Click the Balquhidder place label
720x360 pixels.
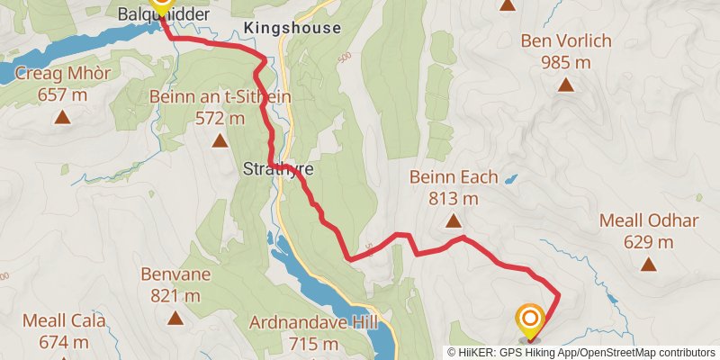click(x=164, y=15)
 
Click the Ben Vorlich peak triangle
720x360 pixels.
click(x=566, y=85)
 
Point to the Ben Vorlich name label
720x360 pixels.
click(x=566, y=40)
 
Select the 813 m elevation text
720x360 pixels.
click(x=453, y=199)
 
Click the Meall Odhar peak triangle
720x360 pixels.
click(x=648, y=265)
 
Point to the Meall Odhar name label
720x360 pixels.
click(x=648, y=220)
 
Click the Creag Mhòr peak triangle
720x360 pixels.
click(x=62, y=117)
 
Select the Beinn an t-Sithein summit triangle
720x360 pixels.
click(x=220, y=140)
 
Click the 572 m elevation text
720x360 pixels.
click(x=220, y=118)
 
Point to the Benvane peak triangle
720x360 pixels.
click(x=175, y=318)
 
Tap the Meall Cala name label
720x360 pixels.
click(x=64, y=320)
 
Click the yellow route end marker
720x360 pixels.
click(x=529, y=320)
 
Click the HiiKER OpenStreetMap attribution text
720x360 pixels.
click(x=581, y=352)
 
